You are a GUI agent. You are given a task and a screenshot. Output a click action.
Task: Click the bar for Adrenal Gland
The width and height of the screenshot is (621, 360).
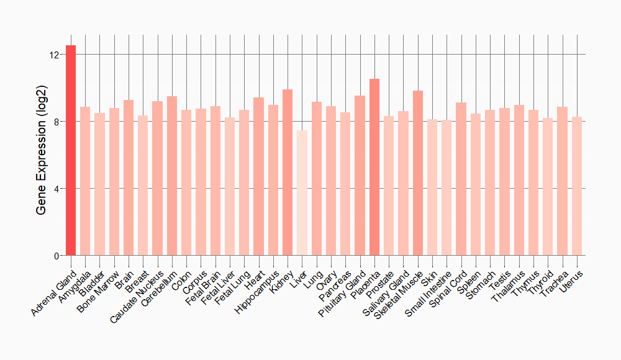[71, 150]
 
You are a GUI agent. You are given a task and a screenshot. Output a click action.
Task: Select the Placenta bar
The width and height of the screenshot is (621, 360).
[374, 167]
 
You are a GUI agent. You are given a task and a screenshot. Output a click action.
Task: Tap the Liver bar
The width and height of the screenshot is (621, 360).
[302, 193]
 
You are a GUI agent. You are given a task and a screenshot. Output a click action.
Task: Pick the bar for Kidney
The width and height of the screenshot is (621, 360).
[288, 173]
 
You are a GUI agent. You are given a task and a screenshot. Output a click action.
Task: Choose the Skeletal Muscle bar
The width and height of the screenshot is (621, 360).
[418, 173]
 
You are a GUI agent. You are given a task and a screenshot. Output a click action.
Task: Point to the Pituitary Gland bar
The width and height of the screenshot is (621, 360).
[360, 176]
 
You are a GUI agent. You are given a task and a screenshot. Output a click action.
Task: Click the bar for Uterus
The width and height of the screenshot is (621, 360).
[577, 186]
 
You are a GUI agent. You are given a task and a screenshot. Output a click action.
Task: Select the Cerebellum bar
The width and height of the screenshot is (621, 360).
[172, 176]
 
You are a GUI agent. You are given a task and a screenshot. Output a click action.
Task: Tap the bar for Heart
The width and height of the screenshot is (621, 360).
[258, 176]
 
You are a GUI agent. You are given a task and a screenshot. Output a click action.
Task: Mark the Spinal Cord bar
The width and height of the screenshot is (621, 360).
[461, 179]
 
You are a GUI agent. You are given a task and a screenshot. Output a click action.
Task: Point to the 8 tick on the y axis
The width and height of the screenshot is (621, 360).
[56, 122]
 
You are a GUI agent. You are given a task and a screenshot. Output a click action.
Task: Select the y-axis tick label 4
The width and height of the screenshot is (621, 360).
[56, 189]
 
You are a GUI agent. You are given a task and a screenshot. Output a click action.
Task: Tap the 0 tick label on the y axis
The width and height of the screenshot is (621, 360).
[56, 256]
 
